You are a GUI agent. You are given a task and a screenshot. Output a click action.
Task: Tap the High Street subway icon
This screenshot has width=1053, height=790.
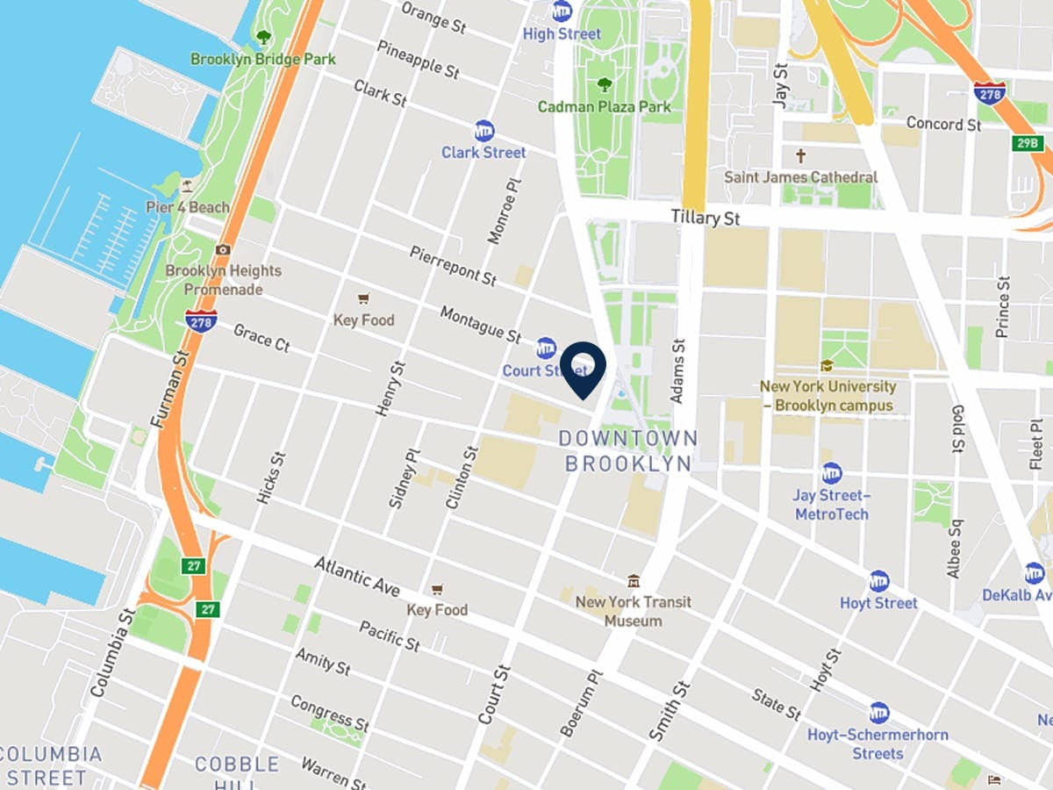tap(562, 11)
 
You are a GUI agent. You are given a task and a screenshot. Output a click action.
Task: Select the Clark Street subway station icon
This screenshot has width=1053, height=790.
tap(484, 131)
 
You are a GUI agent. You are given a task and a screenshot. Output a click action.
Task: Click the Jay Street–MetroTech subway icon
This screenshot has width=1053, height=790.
tap(831, 473)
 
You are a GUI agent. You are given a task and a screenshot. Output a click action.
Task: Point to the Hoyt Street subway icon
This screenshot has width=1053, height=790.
tap(878, 581)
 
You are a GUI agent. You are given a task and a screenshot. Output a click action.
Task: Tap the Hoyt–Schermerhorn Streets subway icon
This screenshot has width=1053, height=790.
tap(878, 712)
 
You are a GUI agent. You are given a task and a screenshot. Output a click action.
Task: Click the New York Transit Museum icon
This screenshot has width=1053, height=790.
tap(633, 581)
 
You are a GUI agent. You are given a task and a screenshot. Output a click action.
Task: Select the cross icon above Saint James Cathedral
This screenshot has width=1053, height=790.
tap(799, 156)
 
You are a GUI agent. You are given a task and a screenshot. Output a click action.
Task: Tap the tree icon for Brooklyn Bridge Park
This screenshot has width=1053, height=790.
tap(262, 38)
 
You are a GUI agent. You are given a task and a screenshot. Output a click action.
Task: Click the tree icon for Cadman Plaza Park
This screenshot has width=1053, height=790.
tap(604, 85)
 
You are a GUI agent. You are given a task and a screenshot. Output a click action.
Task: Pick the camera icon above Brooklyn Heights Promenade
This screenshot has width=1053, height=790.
tap(223, 250)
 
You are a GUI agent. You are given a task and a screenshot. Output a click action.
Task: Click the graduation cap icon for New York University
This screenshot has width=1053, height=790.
tap(826, 366)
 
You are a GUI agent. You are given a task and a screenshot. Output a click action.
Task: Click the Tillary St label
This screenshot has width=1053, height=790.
tap(705, 217)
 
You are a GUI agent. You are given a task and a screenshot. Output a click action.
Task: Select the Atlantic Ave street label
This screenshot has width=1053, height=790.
tap(357, 576)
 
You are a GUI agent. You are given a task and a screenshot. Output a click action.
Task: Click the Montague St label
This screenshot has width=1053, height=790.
tap(480, 324)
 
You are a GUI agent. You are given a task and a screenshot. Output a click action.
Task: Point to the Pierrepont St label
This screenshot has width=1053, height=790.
tap(452, 265)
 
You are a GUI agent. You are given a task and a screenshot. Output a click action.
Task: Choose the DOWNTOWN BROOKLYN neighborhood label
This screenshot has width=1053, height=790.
tap(629, 450)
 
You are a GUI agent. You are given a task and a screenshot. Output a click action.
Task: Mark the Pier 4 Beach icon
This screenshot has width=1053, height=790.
tap(186, 186)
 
